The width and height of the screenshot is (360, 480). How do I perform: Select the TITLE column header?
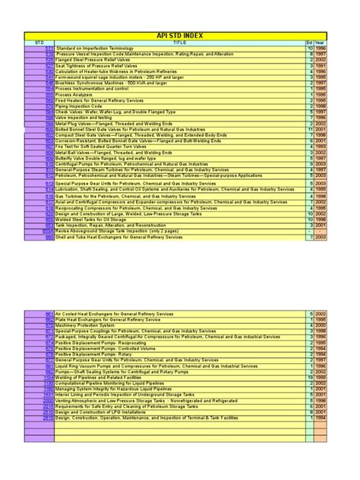click(179, 43)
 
